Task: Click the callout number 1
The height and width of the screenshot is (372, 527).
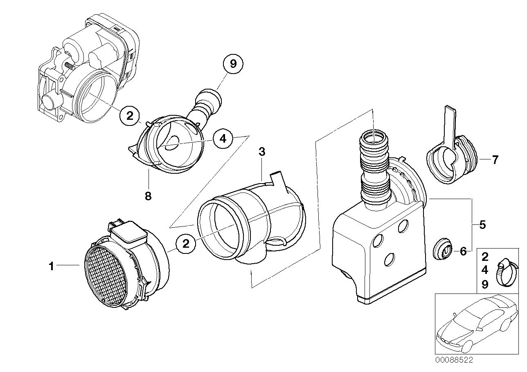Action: pos(51,267)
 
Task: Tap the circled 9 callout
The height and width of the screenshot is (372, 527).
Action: pos(233,64)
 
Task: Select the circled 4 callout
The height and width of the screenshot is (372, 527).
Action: pos(222,139)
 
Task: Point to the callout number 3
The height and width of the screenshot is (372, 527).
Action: pos(262,152)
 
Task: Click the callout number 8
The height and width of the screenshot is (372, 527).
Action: pos(148,196)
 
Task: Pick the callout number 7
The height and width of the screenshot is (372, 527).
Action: pos(495,159)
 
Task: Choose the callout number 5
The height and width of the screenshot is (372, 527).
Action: pos(483,224)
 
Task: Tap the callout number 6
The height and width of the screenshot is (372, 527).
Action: pos(463,251)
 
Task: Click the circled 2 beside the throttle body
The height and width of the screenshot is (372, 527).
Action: pos(130,116)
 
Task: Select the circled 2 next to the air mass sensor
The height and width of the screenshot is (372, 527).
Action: pos(186,244)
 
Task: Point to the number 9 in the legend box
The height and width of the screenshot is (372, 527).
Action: pos(485,285)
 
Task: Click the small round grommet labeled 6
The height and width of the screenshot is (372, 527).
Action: pos(442,250)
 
